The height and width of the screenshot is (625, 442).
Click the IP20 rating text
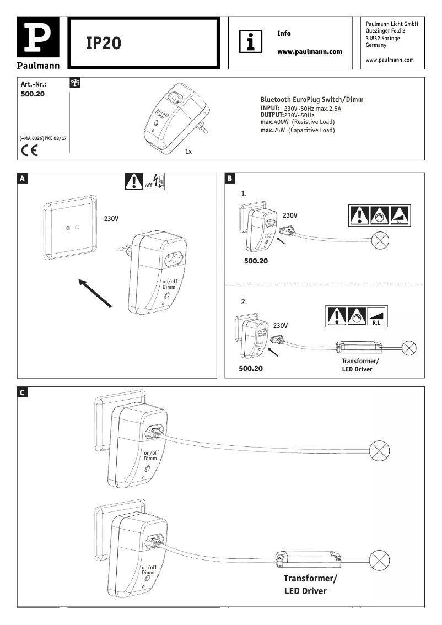tap(104, 44)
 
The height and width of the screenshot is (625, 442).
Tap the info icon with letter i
tap(251, 42)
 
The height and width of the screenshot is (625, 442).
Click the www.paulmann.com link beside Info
tap(309, 51)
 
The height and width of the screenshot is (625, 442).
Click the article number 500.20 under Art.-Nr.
tap(33, 94)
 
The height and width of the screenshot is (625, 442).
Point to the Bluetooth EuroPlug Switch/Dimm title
tap(311, 99)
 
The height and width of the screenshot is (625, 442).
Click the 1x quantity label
tap(188, 151)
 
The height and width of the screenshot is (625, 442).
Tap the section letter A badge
tap(22, 178)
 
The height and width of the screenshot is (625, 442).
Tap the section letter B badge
tap(230, 178)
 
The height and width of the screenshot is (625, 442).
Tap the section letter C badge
tap(22, 392)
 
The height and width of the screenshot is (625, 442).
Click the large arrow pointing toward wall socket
tap(95, 293)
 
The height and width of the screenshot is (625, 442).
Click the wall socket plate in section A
tap(71, 227)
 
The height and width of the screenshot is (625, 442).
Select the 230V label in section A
tap(111, 219)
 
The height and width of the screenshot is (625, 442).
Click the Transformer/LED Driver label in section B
tap(360, 365)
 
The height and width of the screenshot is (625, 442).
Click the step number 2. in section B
tap(244, 302)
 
